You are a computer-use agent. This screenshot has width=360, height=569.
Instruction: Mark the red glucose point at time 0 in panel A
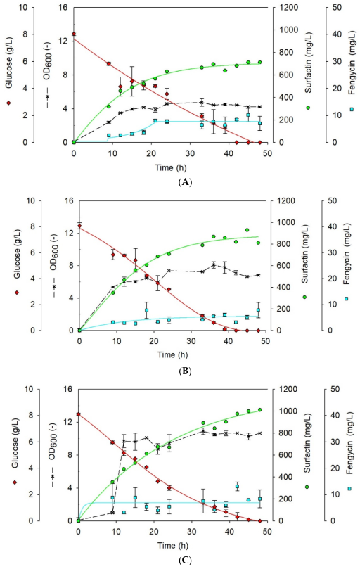click(74, 34)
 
